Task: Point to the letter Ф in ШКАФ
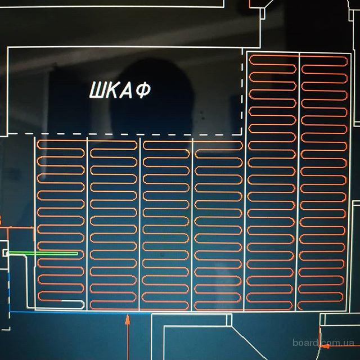[143, 91]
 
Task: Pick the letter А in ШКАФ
[128, 91]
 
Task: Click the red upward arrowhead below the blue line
[128, 319]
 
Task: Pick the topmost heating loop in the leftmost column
[61, 144]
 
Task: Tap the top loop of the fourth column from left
[218, 144]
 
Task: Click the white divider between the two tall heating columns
[299, 180]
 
